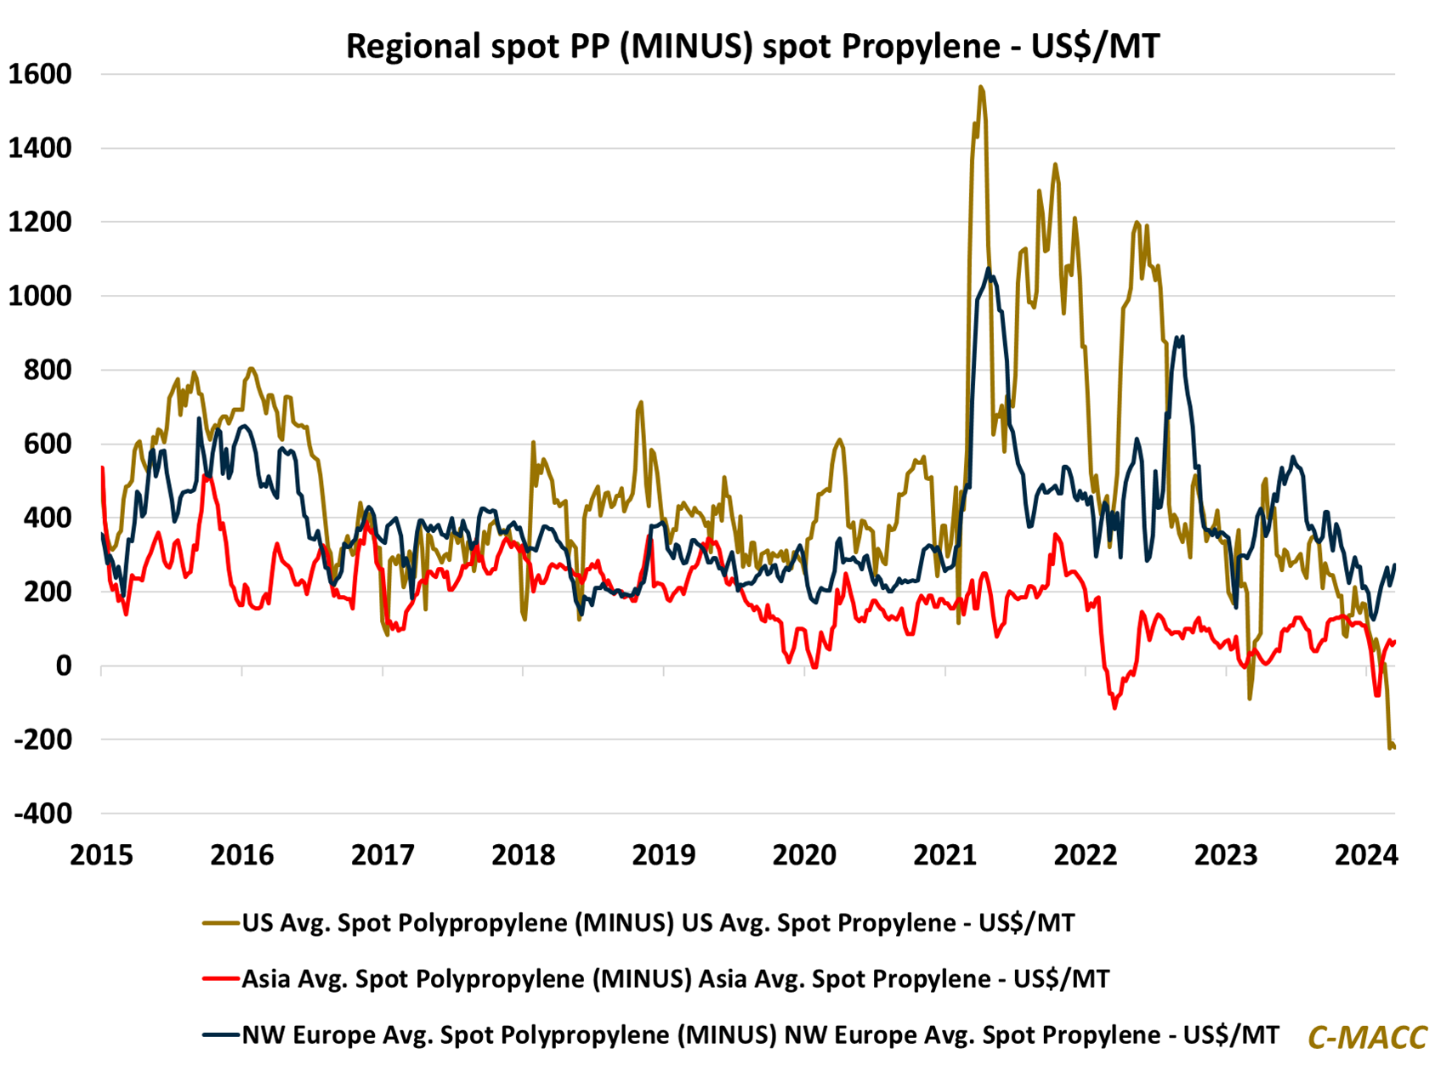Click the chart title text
[x=752, y=46]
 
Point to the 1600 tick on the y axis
[x=40, y=75]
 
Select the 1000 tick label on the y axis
[x=40, y=297]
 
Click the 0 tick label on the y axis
[x=63, y=666]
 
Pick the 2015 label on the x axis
[x=101, y=854]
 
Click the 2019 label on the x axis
[x=664, y=854]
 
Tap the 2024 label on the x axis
[x=1366, y=854]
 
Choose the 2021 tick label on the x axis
[x=945, y=854]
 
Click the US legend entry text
[x=658, y=923]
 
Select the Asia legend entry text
[x=675, y=979]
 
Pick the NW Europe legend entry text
[x=760, y=1035]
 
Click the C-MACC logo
[x=1367, y=1038]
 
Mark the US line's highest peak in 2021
[x=981, y=87]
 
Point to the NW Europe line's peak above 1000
[x=988, y=269]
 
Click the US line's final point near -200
[x=1393, y=746]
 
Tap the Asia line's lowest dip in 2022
[x=1115, y=707]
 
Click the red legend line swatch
[x=220, y=979]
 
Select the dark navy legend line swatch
[x=220, y=1035]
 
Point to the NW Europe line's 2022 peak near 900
[x=1178, y=337]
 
